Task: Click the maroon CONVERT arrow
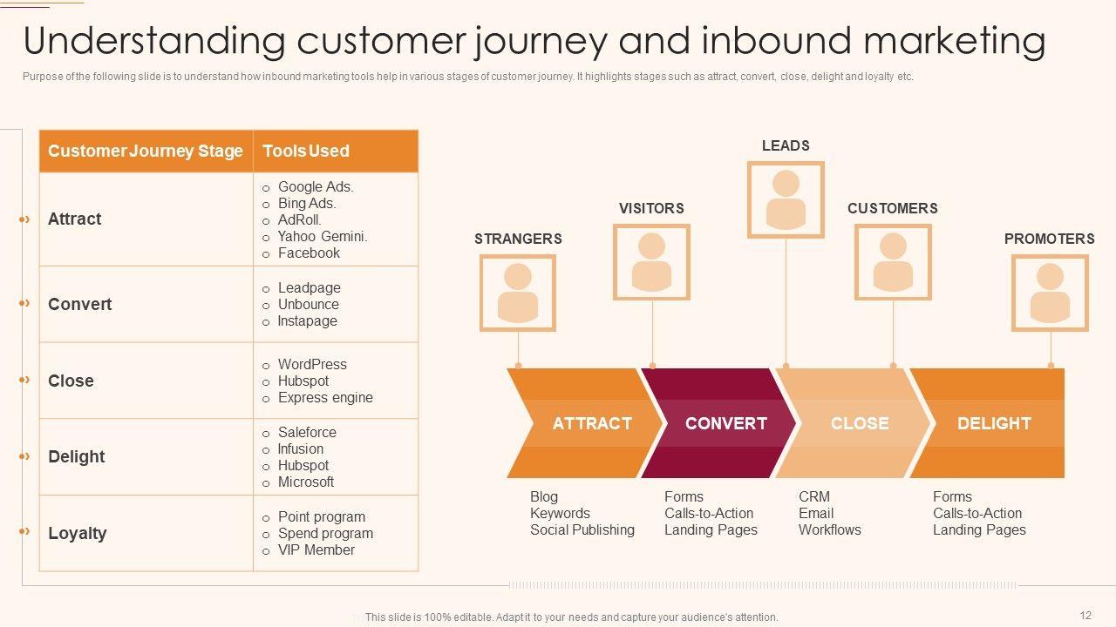[718, 423]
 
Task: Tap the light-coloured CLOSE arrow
[853, 423]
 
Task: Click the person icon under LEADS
[786, 200]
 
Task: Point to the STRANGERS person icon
[518, 293]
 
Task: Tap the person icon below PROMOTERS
[1050, 293]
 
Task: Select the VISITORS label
[651, 208]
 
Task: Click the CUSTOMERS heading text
[892, 208]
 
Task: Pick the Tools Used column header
[306, 151]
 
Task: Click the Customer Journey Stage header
[145, 151]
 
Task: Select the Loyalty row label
[78, 533]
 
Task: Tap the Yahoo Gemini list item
[323, 236]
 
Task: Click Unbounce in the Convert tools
[309, 304]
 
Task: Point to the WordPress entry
[312, 364]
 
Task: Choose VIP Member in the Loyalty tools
[316, 549]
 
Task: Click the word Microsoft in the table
[306, 482]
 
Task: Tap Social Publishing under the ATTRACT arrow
[582, 530]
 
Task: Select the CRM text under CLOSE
[814, 496]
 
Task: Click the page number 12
[1085, 615]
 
